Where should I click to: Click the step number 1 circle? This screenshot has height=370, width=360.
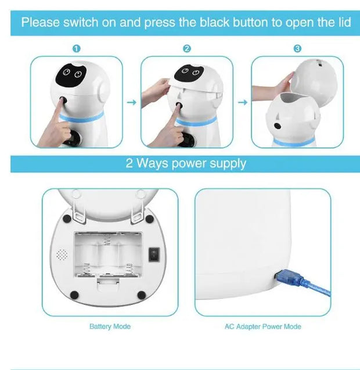pos(77,49)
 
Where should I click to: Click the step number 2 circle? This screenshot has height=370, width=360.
pos(186,49)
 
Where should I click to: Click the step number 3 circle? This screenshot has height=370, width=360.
pos(297,49)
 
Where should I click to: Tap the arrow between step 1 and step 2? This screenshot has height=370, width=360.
pos(131,102)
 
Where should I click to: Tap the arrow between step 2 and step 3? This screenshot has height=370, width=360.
pos(243,102)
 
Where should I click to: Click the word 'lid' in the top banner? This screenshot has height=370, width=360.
pos(342,23)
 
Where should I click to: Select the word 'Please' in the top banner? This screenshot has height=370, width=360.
pos(41,23)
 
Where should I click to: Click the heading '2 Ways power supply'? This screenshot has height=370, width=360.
pos(186,163)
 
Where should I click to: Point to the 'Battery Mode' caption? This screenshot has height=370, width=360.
pos(110,326)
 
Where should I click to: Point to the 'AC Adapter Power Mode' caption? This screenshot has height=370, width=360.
pos(262,326)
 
